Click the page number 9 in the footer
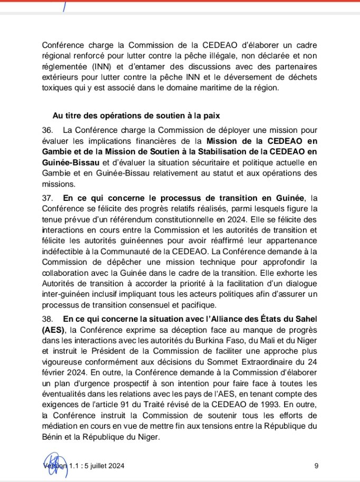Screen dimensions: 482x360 [x=316, y=465]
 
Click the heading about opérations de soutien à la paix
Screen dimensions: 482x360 [x=136, y=115]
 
